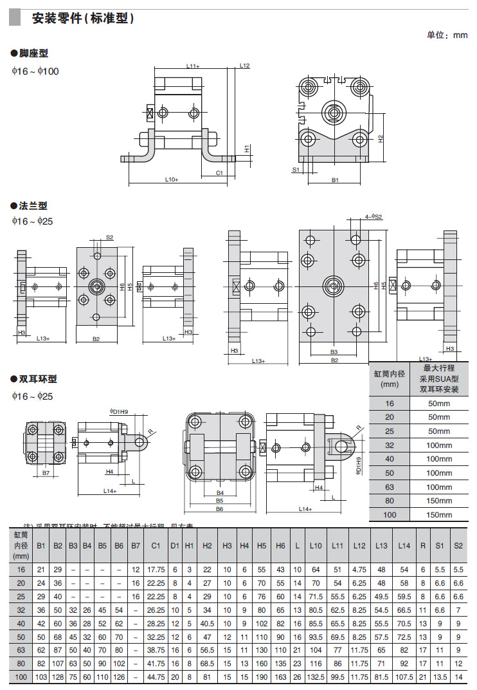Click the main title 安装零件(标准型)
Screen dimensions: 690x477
coord(83,19)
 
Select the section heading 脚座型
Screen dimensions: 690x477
coord(33,53)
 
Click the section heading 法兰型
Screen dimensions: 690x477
coord(33,206)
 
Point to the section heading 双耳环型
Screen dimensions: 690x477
coord(38,379)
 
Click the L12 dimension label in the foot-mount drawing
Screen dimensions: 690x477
coord(244,66)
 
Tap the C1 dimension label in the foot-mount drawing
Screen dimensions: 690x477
coord(219,172)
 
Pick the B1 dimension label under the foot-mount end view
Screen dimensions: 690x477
coord(335,181)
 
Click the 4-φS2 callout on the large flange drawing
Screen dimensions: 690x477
coord(373,217)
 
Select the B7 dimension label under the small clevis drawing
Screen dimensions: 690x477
coord(46,473)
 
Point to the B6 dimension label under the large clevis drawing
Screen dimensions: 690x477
coord(219,508)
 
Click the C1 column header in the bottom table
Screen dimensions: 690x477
coord(156,545)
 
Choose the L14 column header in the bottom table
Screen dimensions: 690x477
coord(403,545)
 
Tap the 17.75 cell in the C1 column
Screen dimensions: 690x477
coord(156,570)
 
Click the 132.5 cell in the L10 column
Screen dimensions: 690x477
coord(315,677)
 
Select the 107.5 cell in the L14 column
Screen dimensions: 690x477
coord(403,677)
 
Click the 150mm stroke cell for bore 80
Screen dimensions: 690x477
coord(440,501)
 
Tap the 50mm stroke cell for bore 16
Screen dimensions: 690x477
coord(440,403)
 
